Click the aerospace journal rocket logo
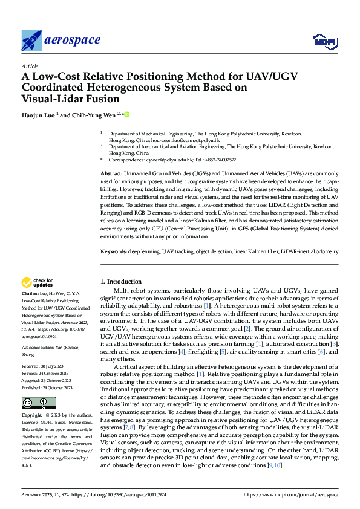pos(31,41)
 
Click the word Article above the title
pos(30,66)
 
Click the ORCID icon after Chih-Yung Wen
pos(128,114)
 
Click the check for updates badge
pos(38,282)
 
